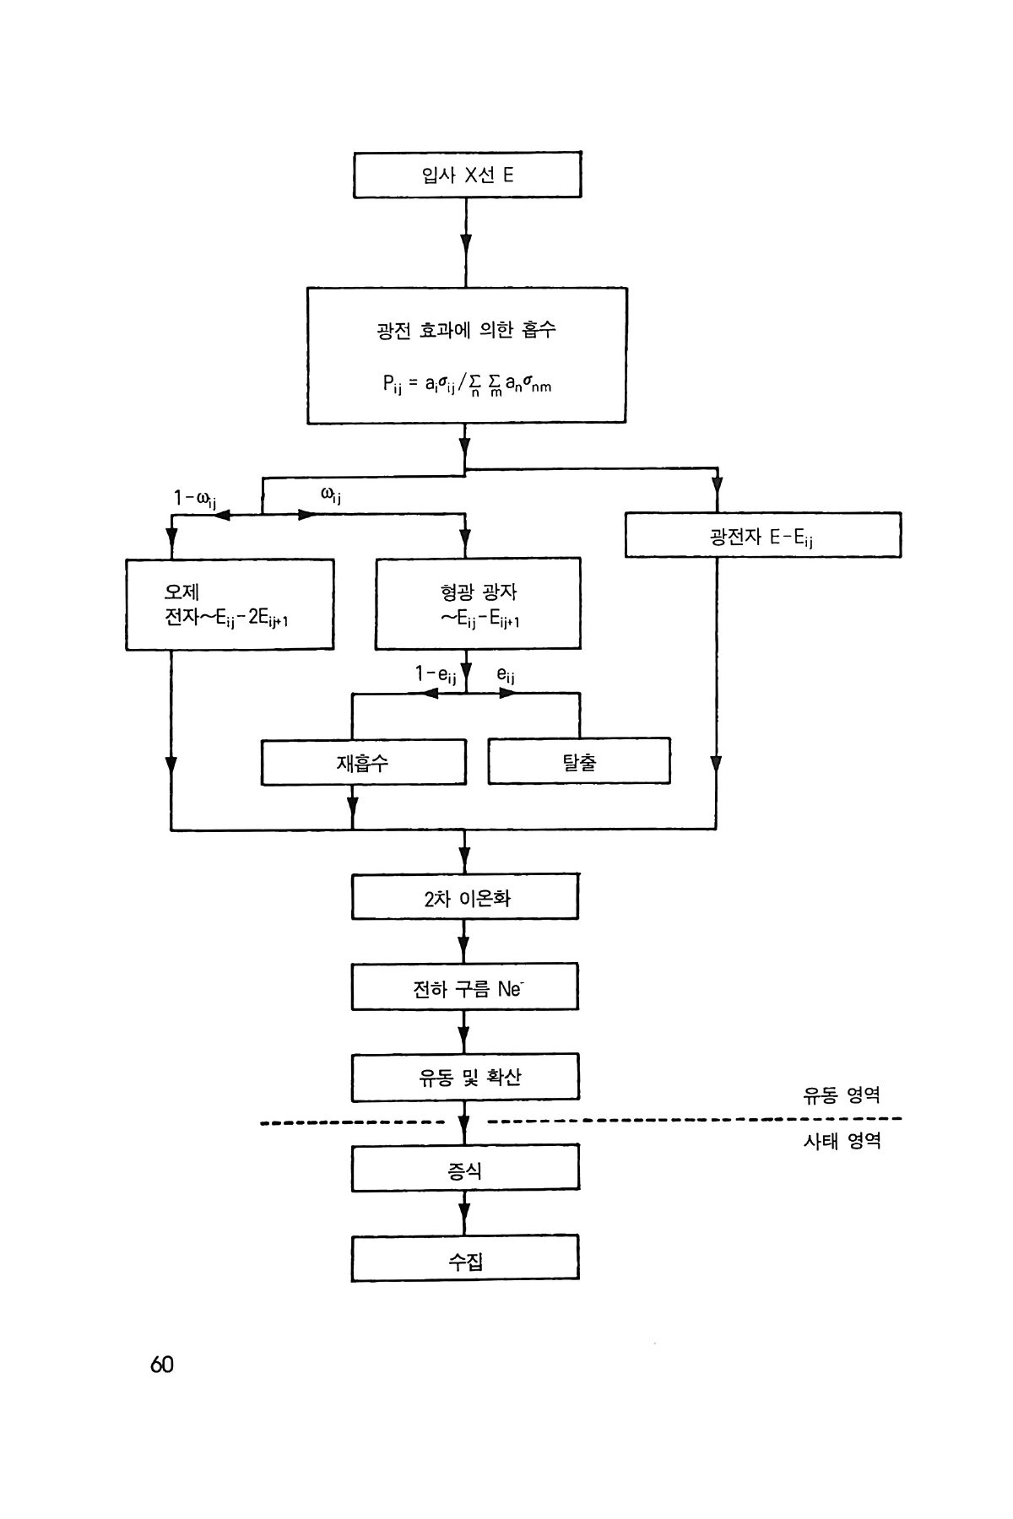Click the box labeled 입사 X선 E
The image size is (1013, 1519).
[467, 176]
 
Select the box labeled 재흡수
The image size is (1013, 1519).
[363, 763]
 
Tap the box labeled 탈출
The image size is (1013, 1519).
[579, 762]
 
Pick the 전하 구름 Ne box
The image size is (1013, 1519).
[465, 987]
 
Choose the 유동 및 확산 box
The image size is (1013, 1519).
[465, 1078]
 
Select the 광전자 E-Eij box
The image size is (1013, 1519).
[762, 536]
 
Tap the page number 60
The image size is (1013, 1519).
[161, 1365]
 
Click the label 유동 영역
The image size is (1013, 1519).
[842, 1095]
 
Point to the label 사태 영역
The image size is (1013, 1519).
[842, 1141]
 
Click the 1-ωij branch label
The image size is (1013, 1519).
[195, 500]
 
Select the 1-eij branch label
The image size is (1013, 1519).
[436, 674]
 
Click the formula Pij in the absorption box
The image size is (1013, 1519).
[466, 385]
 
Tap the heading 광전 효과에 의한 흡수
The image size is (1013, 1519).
[466, 330]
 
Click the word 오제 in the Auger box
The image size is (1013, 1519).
[181, 592]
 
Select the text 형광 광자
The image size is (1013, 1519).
[479, 592]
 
